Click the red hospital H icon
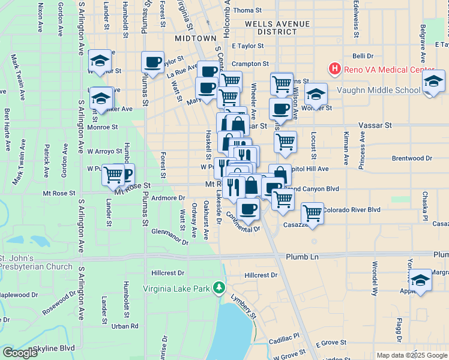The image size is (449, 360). click(334, 70)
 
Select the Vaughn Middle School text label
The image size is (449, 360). click(378, 90)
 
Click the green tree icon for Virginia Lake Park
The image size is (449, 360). click(220, 289)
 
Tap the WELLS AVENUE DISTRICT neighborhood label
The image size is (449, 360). click(277, 28)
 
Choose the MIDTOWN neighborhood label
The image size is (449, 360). click(195, 38)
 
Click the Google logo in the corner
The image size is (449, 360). click(20, 353)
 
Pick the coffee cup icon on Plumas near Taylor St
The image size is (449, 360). click(152, 62)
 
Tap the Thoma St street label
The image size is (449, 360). click(248, 10)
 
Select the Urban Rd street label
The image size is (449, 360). click(125, 326)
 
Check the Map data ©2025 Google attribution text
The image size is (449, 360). click(412, 355)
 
